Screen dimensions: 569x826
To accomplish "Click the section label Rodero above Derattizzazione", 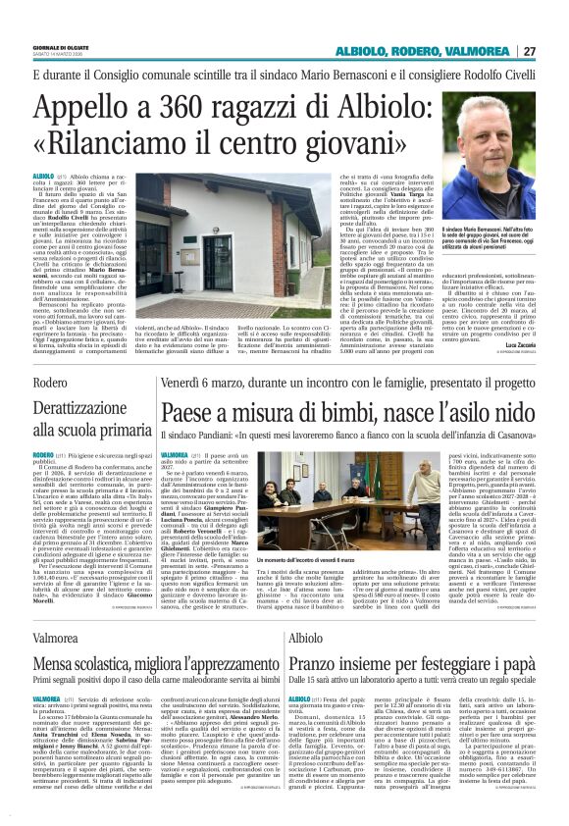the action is pos(50,381).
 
